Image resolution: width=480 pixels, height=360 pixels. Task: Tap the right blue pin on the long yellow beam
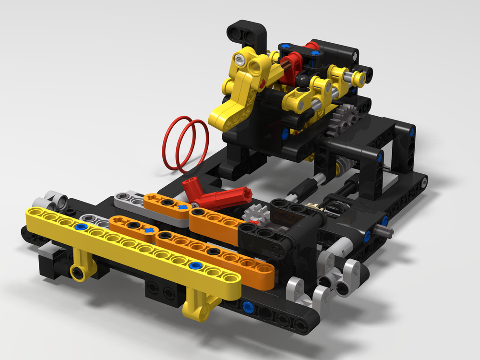pyautogui.click(x=194, y=265)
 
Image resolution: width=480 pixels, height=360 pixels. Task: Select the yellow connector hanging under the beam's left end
pyautogui.click(x=80, y=269)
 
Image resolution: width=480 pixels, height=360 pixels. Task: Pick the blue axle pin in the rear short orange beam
pyautogui.click(x=182, y=207)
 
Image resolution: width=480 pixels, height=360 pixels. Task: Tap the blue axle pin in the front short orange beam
pyautogui.click(x=149, y=230)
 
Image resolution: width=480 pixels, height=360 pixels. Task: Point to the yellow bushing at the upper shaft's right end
pyautogui.click(x=357, y=77)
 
